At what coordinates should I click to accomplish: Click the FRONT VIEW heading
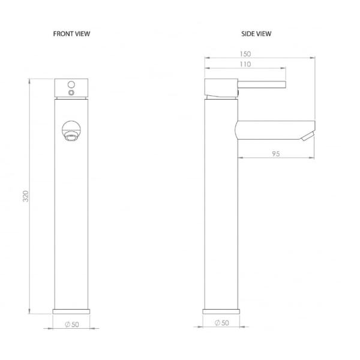[72, 34]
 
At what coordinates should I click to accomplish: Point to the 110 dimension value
[245, 65]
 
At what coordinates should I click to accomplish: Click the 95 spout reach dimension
[276, 154]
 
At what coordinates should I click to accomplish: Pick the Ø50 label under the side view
[221, 323]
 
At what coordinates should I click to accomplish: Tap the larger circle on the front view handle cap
[71, 83]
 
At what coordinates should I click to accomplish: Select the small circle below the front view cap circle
[71, 93]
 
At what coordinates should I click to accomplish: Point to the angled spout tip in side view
[308, 134]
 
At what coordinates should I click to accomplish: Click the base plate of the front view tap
[72, 312]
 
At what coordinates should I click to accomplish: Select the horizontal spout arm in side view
[270, 128]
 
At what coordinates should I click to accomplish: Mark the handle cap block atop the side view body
[221, 88]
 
